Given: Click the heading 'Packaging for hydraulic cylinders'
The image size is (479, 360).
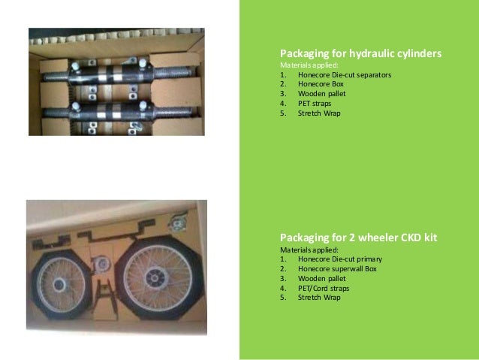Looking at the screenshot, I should [x=360, y=54].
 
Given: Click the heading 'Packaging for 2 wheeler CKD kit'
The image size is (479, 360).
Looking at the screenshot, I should [x=358, y=237].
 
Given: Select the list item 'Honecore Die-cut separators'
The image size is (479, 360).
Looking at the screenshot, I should [x=344, y=75].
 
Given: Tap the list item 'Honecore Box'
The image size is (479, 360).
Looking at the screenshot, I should [x=321, y=85].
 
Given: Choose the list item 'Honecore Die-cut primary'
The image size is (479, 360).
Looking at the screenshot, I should [x=339, y=259].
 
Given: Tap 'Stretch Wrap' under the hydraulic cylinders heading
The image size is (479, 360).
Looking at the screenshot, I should [x=319, y=113].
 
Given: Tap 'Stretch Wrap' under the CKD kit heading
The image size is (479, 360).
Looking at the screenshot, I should [x=319, y=297].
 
